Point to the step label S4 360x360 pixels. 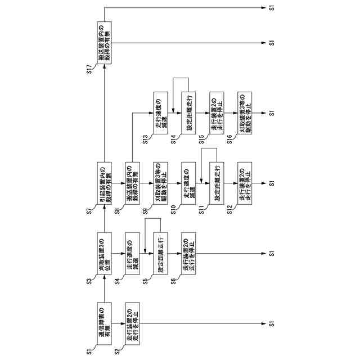(x=118, y=282)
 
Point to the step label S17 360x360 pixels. (x=89, y=73)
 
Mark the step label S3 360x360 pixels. (x=89, y=282)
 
